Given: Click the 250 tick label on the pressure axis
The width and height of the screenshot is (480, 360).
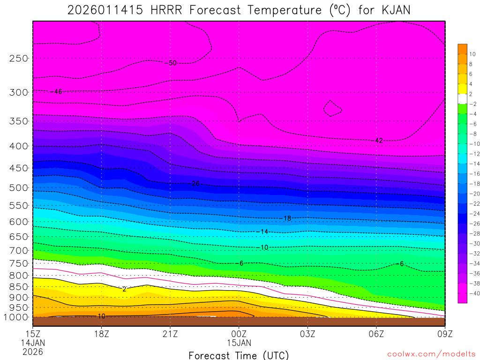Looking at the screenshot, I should tap(19, 59).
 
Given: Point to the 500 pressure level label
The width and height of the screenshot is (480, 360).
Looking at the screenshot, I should tap(19, 188).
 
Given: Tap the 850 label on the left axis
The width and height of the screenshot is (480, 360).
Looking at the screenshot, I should tap(19, 287).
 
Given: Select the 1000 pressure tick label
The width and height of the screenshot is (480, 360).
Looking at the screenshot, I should tap(16, 317).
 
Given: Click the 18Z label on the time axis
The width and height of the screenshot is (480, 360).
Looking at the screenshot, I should tap(101, 334).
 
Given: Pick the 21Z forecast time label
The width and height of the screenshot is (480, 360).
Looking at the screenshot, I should tap(170, 334).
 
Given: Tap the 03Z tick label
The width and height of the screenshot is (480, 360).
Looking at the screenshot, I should tap(307, 334).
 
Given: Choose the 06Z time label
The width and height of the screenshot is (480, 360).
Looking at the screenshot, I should tap(376, 334).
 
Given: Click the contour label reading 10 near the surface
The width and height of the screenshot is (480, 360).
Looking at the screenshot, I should tap(101, 316).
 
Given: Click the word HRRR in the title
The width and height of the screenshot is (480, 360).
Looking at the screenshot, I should tap(167, 10).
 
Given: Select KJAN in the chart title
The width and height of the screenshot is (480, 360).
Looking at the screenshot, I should tap(392, 10).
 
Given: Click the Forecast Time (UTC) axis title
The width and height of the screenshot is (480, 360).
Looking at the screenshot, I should tap(239, 355).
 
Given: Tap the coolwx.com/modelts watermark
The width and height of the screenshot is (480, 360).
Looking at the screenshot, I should tap(431, 353).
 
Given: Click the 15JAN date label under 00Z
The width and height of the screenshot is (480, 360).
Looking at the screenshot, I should tap(239, 343).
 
